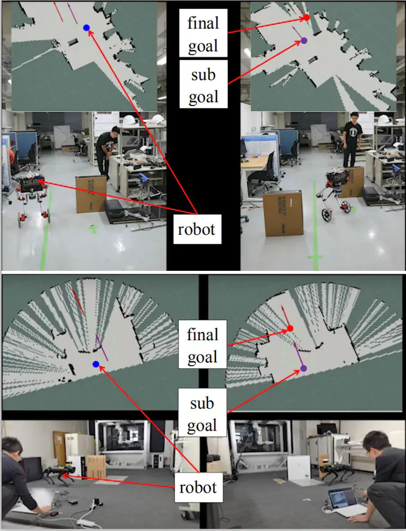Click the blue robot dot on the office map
(x=86, y=28)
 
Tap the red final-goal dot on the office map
(x=307, y=17)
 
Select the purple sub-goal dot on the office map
(x=304, y=41)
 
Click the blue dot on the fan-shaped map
(x=96, y=364)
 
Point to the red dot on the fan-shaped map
(x=290, y=328)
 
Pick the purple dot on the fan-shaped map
(x=304, y=368)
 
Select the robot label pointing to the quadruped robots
(x=197, y=487)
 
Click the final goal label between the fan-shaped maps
(x=202, y=345)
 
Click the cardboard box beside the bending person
(x=91, y=194)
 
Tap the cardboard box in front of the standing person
(x=283, y=213)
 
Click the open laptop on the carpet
(x=343, y=502)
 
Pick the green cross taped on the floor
(x=93, y=229)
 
